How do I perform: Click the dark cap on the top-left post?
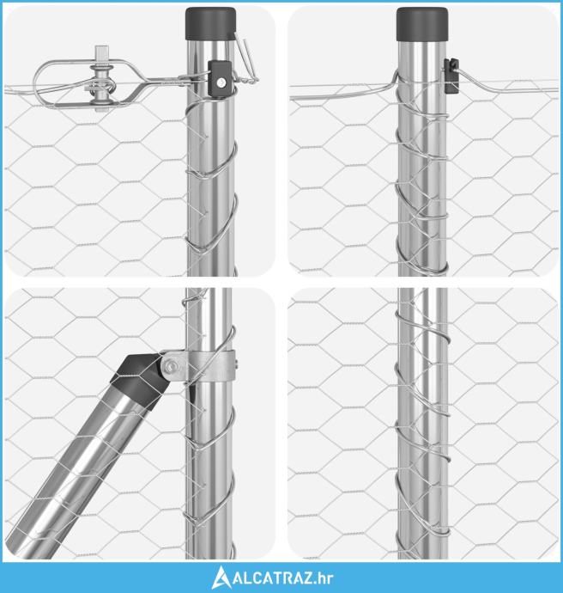coord(211,23)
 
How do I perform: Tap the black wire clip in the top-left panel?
coord(221,79)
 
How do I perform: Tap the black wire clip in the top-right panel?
coord(451,76)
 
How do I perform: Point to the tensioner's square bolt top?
coord(101,51)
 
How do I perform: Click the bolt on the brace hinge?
coord(172,365)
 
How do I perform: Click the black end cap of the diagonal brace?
coord(138,382)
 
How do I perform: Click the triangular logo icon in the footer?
coord(221,578)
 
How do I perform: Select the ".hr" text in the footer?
coord(324,578)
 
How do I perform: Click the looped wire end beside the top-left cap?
coord(245,60)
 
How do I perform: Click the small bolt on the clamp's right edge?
coord(236,365)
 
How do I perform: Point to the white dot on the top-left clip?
coord(222,82)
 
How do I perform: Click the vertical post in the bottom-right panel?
coord(422,424)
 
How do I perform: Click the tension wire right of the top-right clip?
coord(506,85)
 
